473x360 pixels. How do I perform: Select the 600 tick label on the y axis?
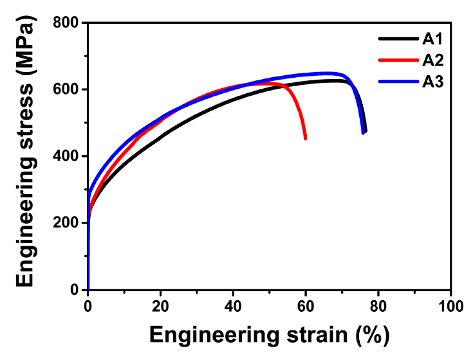click(66, 89)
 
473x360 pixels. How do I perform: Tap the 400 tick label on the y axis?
click(66, 156)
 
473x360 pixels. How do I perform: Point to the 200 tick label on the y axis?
click(66, 223)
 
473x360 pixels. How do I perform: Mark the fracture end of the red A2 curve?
click(305, 138)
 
